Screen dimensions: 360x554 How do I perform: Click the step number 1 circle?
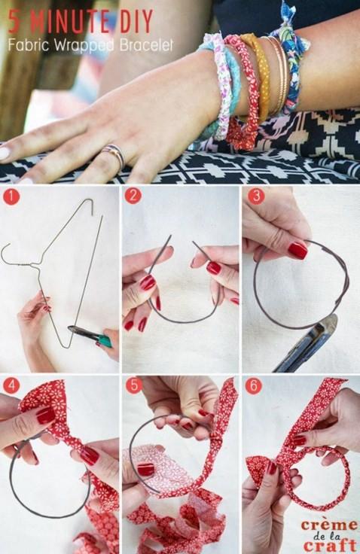point(11,196)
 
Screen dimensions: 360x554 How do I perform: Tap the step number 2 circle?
point(133,196)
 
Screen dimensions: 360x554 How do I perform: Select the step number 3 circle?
point(255,196)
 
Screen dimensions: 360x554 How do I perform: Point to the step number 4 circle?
point(11,386)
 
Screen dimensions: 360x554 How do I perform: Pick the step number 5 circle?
point(134,386)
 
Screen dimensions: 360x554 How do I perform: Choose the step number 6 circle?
point(254,387)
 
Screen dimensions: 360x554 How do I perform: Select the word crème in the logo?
point(328,525)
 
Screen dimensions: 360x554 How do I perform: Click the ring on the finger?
point(114,155)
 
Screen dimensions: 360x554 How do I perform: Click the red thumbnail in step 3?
point(297,251)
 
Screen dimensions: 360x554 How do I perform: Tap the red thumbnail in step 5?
point(145,470)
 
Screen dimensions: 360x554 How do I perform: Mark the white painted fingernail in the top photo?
point(5,153)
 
